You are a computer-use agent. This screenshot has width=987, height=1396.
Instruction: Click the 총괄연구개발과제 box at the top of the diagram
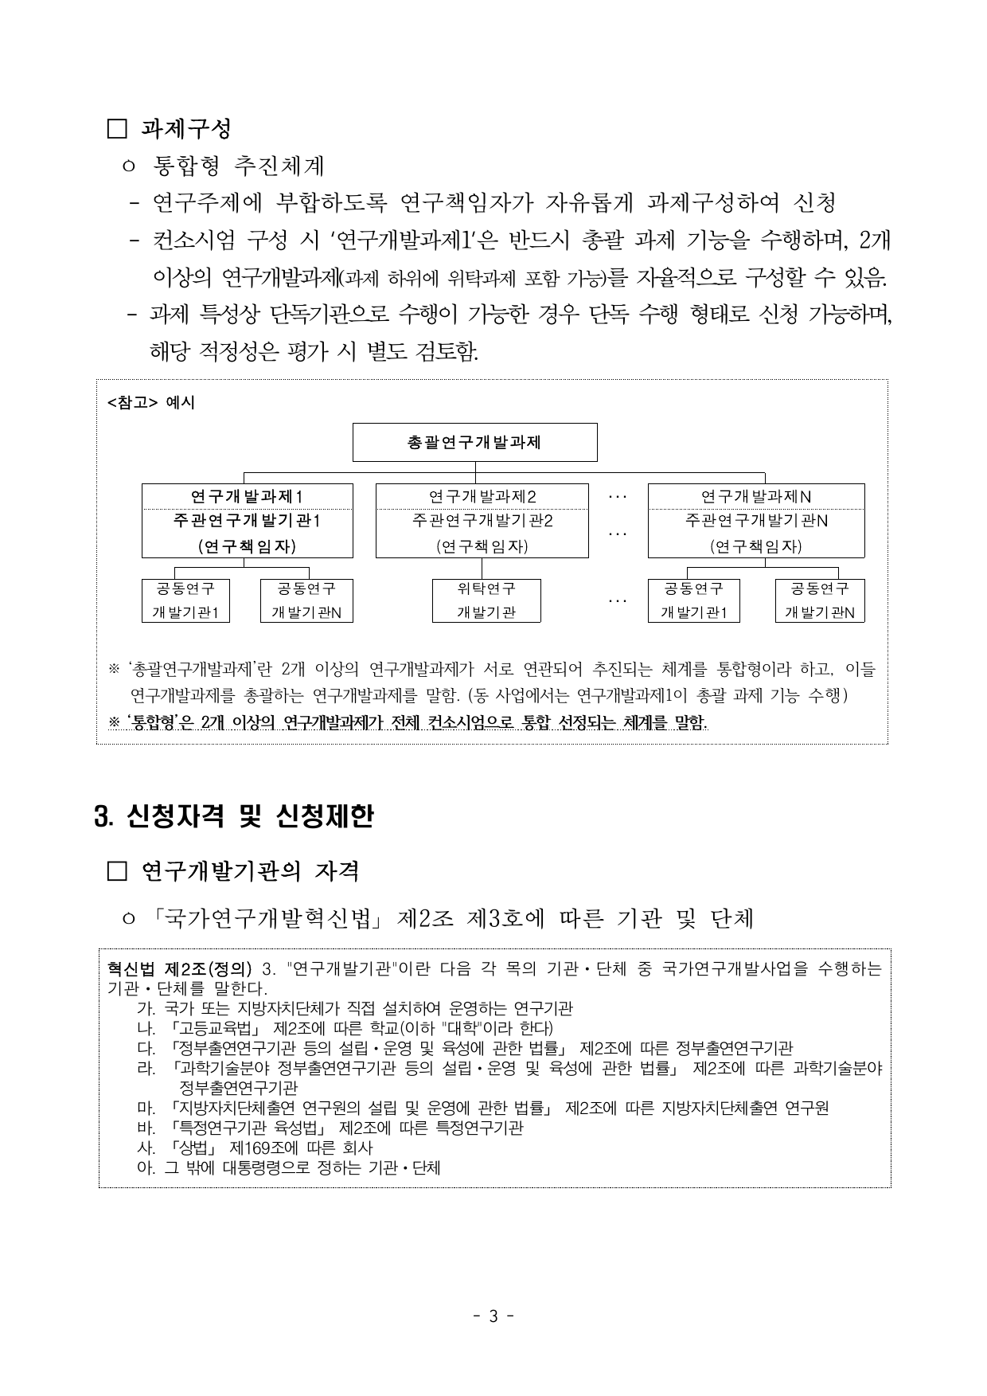point(474,442)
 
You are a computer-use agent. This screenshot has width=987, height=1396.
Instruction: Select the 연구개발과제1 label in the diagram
point(247,496)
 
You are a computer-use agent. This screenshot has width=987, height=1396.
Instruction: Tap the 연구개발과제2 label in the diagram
point(482,496)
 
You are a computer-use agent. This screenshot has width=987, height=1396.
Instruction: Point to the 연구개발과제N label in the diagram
point(755,496)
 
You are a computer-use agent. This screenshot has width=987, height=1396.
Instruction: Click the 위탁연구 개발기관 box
point(486,600)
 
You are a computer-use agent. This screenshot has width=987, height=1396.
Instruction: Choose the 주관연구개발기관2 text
point(482,521)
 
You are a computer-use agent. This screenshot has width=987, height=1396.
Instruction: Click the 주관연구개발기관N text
point(755,521)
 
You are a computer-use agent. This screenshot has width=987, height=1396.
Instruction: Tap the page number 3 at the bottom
point(493,1316)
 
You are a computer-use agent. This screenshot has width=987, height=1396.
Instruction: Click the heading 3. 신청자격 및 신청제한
point(233,816)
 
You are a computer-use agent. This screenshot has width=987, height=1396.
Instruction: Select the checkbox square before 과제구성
point(117,128)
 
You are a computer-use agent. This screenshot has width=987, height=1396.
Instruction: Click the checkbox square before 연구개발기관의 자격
point(117,872)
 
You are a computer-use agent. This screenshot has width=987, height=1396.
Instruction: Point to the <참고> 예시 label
point(150,402)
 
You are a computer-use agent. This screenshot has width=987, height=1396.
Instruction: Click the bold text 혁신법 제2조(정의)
point(179,969)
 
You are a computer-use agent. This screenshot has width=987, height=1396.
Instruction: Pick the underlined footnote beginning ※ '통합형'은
point(408,722)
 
